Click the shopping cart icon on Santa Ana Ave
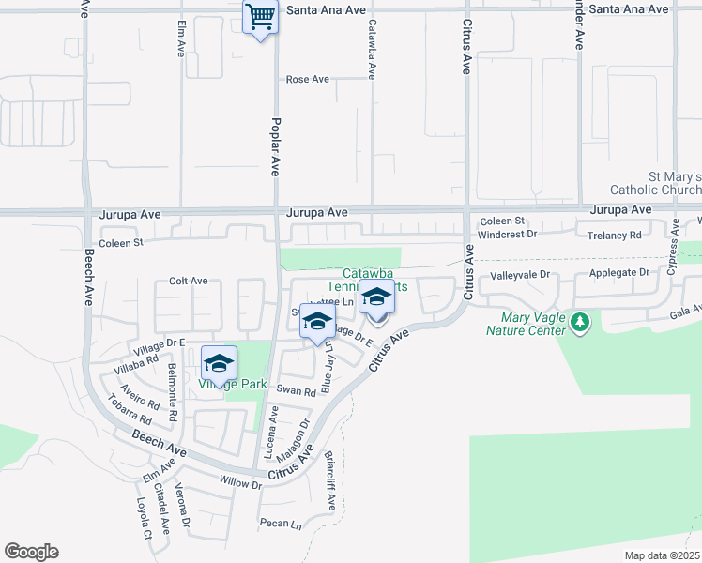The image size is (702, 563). pos(260,16)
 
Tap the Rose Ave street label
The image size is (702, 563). pos(308,80)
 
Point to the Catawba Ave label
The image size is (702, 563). pos(373,49)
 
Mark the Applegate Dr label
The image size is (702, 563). pos(618,273)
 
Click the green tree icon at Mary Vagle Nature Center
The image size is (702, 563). pos(582,323)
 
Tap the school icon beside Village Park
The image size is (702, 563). pos(219,362)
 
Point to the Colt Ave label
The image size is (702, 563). pos(188,281)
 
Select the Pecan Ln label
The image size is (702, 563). pos(282,523)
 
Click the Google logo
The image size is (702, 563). pos(31,552)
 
